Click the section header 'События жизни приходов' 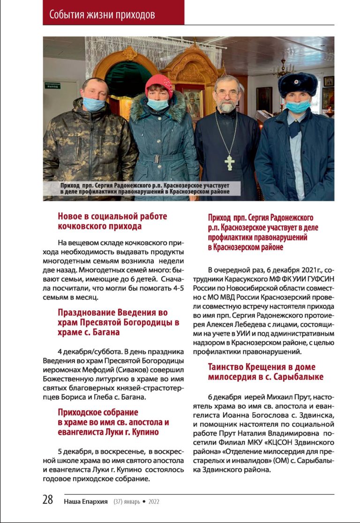point(102,15)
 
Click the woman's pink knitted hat point(158,85)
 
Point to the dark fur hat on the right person point(298,83)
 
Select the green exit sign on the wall point(52,85)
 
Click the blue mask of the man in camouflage point(94,103)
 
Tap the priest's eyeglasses point(228,94)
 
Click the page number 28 point(48,500)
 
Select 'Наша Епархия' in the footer point(87,501)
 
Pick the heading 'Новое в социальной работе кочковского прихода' point(112,221)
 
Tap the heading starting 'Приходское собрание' point(113,422)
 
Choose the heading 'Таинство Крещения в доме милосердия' point(262,371)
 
